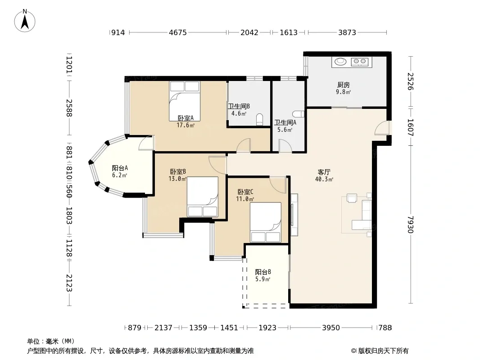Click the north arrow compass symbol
coord(25,21)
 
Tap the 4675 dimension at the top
coord(178,32)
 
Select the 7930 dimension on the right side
coord(411,225)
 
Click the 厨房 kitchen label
coord(344,85)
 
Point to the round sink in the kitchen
coord(340,62)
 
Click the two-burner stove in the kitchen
coord(360,62)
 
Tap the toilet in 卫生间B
coord(260,120)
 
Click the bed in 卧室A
coord(185,101)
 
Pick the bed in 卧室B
coord(202,197)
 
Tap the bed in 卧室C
coord(265,222)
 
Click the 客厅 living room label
coord(324,172)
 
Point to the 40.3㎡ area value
coord(324,180)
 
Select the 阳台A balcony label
coord(120,168)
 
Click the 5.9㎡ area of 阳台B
coord(263,279)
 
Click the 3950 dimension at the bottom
coord(331,328)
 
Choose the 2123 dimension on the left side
coord(69,283)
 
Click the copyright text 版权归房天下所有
coord(383,351)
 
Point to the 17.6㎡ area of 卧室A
coord(186,125)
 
